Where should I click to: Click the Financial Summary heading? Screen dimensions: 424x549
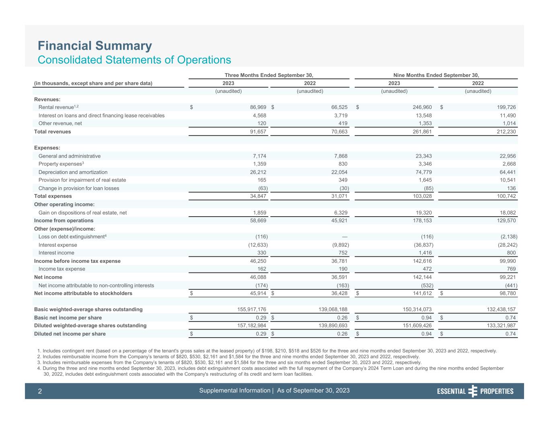(95, 46)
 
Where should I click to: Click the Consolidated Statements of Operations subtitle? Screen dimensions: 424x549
(134, 60)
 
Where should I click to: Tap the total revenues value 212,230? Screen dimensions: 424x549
(506, 132)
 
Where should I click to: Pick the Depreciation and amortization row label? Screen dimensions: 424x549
(73, 172)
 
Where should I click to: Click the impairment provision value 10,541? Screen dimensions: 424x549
(507, 180)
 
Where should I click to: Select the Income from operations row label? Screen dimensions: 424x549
(64, 221)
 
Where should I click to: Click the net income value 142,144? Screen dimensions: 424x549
(422, 277)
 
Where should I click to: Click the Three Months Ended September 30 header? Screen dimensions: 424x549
(269, 75)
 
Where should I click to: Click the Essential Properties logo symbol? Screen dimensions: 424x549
(473, 391)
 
